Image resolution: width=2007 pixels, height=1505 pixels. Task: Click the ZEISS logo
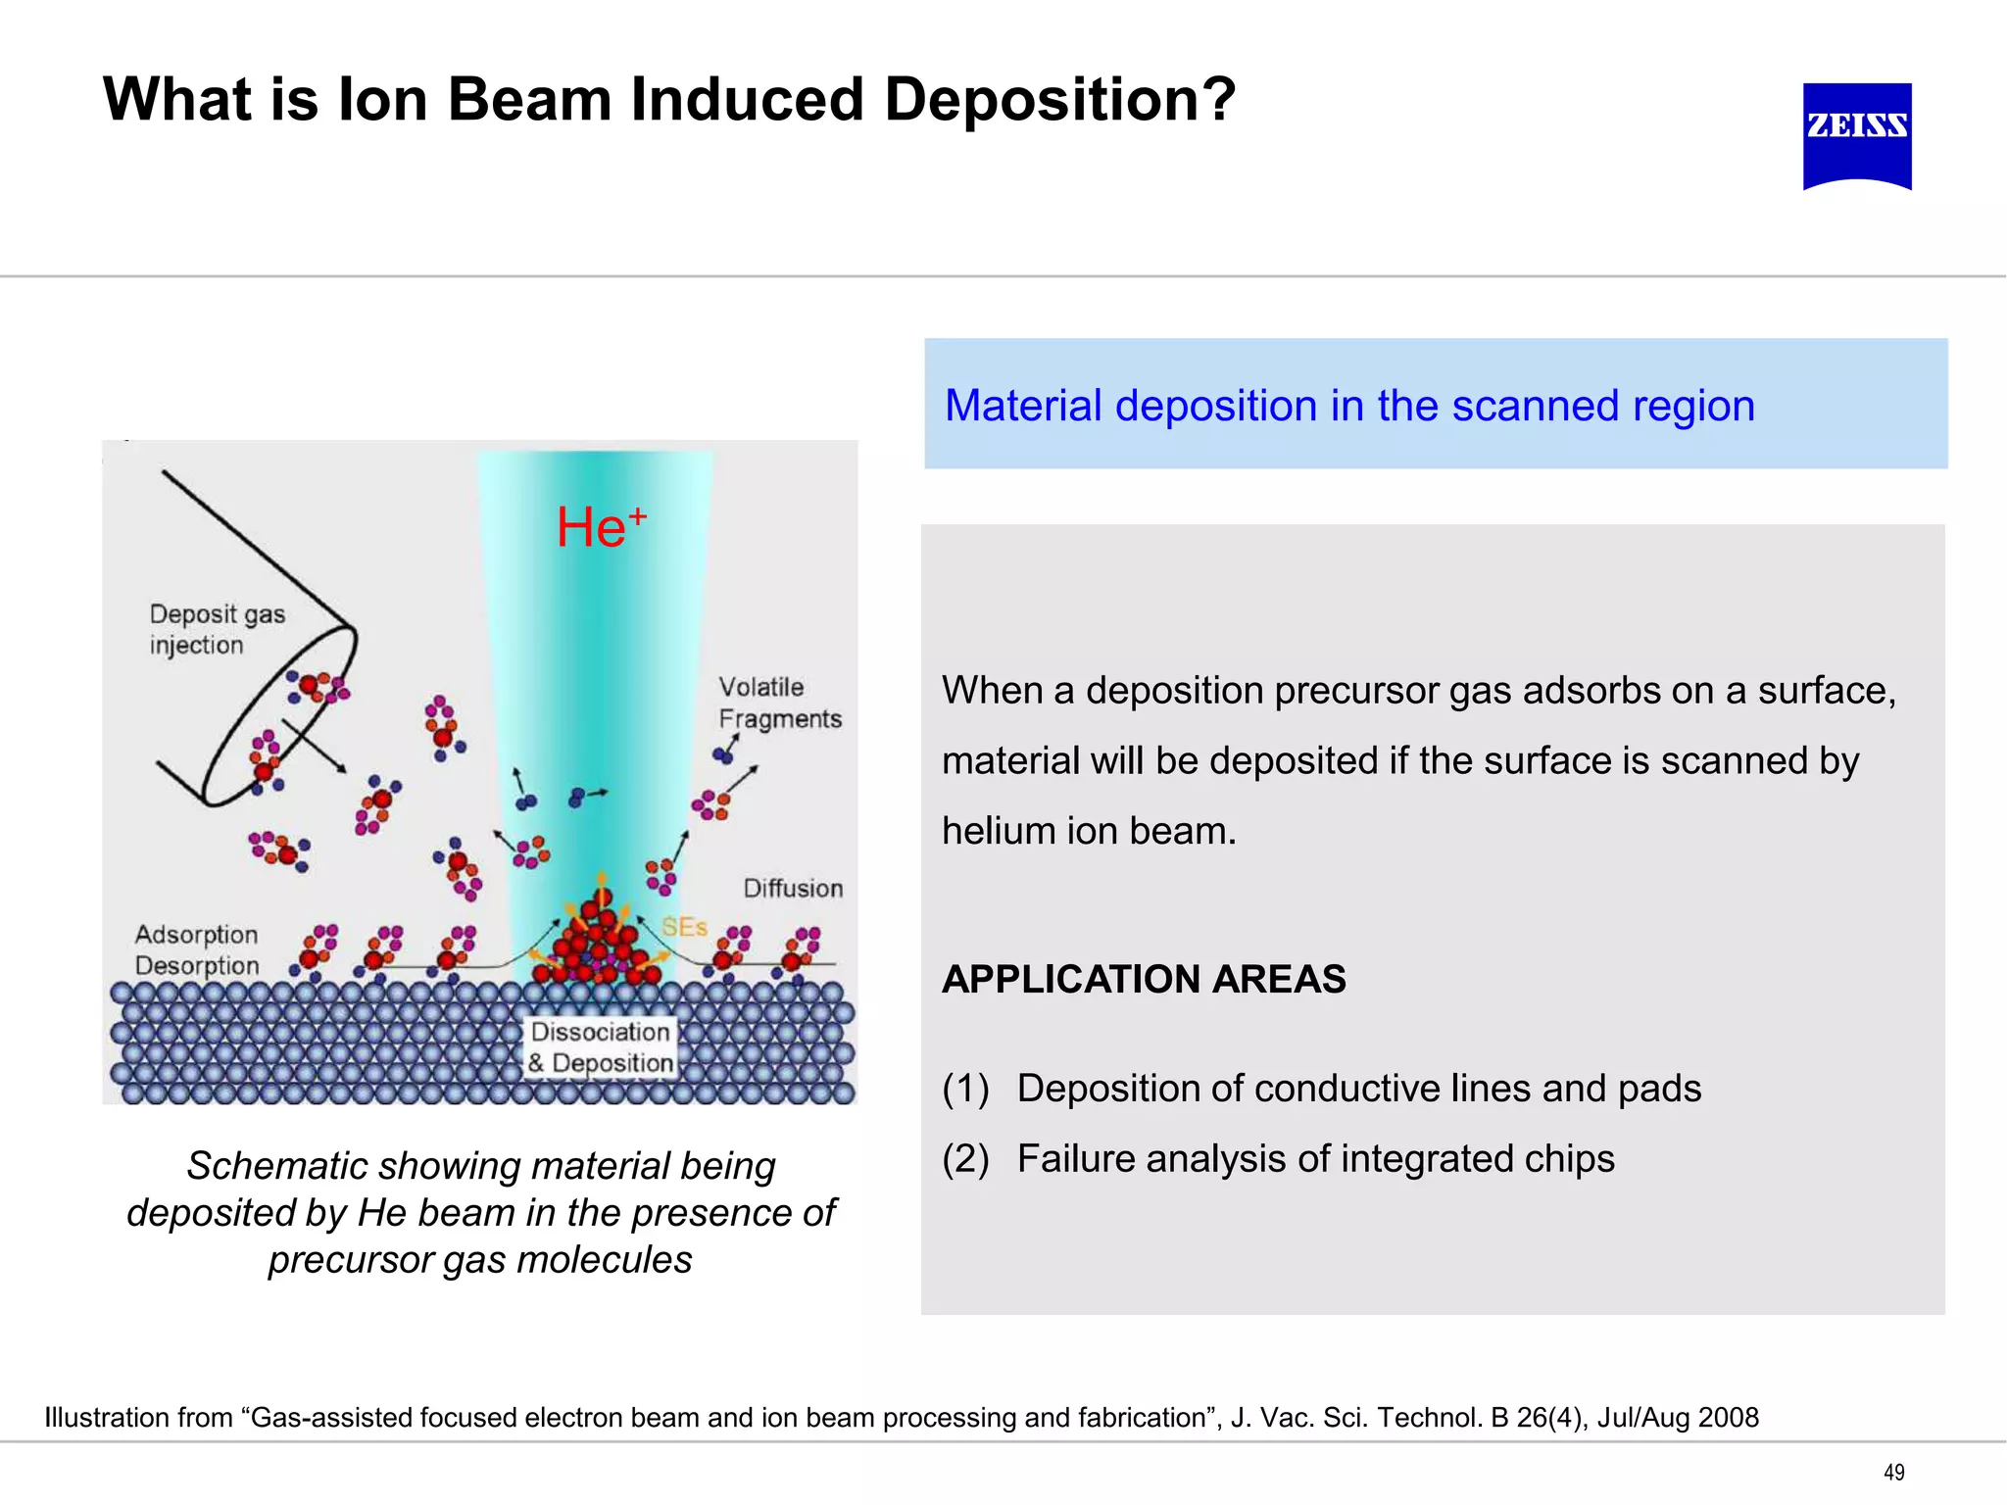point(1856,135)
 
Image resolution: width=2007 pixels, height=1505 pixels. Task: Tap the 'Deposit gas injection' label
point(216,629)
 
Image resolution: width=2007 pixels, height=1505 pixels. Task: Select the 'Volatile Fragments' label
point(778,703)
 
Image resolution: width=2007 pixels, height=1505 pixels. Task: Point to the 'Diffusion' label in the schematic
point(792,888)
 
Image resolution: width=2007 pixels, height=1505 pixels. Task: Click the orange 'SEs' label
point(684,927)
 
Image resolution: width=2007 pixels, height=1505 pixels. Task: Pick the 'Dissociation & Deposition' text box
point(600,1046)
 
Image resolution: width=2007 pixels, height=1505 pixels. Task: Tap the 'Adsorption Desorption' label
point(196,949)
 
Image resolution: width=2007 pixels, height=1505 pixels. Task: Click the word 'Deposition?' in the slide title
point(1058,100)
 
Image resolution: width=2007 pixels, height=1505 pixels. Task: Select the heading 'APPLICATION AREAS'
point(1143,979)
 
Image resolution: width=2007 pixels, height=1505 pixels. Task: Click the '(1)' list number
point(965,1089)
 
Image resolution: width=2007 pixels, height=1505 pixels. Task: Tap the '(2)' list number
point(965,1159)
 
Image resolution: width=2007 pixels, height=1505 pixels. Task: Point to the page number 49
point(1893,1472)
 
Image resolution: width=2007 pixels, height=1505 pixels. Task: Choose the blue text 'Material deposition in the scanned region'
point(1348,406)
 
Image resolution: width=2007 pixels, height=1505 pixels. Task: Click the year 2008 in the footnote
point(1729,1418)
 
